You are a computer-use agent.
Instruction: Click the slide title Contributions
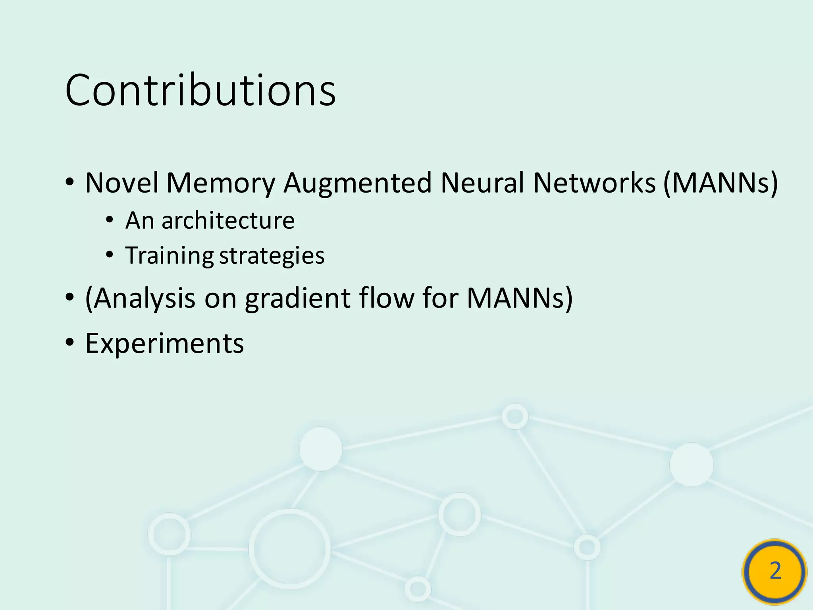pyautogui.click(x=200, y=91)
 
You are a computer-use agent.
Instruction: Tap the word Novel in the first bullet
pyautogui.click(x=121, y=183)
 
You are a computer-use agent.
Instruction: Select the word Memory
pyautogui.click(x=221, y=183)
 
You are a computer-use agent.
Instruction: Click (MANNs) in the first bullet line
pyautogui.click(x=721, y=183)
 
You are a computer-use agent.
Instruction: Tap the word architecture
pyautogui.click(x=228, y=220)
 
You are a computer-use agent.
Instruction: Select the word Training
pyautogui.click(x=170, y=256)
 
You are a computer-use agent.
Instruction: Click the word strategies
pyautogui.click(x=272, y=256)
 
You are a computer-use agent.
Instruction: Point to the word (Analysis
pyautogui.click(x=140, y=298)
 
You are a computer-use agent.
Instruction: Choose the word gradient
pyautogui.click(x=298, y=298)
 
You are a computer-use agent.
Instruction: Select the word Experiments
pyautogui.click(x=164, y=343)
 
